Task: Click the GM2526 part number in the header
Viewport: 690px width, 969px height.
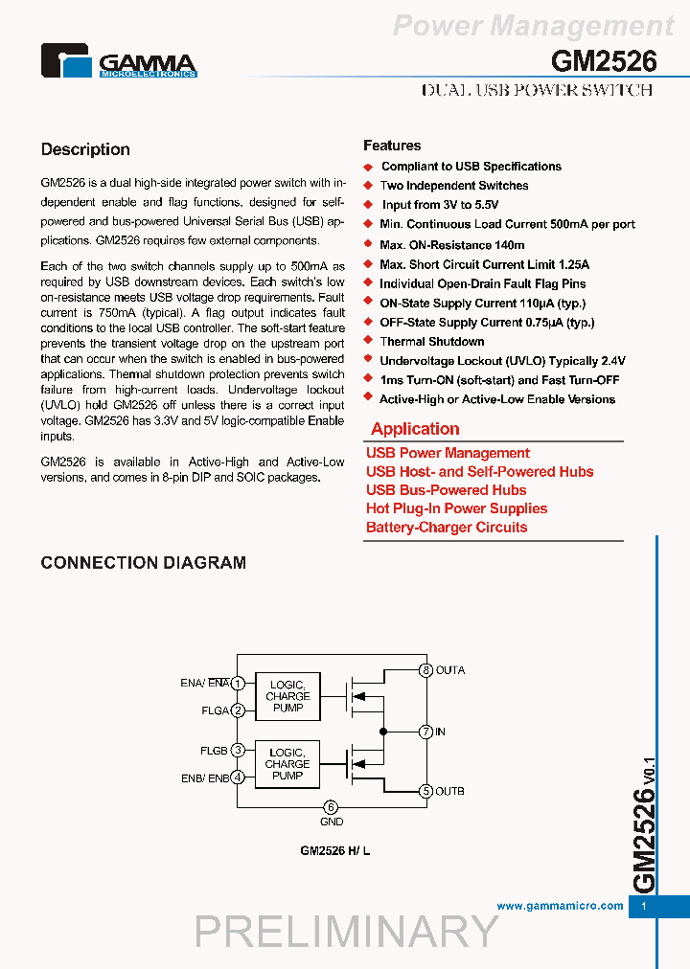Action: [x=604, y=61]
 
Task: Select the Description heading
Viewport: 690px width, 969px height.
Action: [x=85, y=149]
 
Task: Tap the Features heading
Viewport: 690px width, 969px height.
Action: [x=392, y=146]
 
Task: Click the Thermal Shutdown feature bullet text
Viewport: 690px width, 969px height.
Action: [x=431, y=342]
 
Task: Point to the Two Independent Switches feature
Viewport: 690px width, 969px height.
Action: [x=453, y=186]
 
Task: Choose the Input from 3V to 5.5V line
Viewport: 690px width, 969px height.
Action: [x=440, y=205]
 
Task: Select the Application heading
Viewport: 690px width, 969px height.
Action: [x=415, y=429]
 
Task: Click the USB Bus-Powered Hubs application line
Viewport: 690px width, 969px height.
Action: [x=446, y=490]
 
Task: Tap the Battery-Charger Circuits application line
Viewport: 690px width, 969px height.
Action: [x=447, y=528]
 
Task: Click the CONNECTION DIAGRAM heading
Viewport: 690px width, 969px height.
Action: [x=143, y=563]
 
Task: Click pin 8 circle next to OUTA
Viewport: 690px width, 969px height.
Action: [x=425, y=670]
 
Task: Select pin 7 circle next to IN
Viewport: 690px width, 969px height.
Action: [x=425, y=732]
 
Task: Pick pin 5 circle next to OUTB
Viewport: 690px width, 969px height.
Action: [x=425, y=791]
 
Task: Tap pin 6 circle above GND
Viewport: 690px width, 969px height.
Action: [x=331, y=807]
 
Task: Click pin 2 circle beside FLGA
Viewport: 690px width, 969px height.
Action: [x=238, y=710]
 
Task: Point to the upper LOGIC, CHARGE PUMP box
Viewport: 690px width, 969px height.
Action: [x=287, y=696]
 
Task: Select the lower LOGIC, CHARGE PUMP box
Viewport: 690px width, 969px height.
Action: [x=287, y=764]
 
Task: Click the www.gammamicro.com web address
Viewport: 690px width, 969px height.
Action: [x=560, y=906]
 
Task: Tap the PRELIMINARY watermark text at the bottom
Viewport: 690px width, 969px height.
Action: [x=347, y=932]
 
